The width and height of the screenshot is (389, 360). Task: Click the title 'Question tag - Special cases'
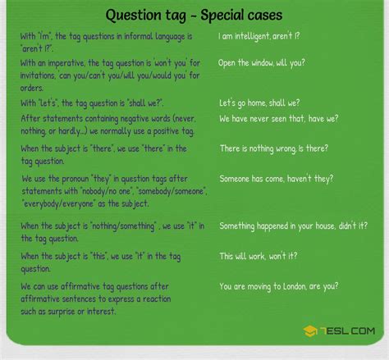pos(194,16)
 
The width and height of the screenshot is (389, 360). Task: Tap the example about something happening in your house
pos(292,226)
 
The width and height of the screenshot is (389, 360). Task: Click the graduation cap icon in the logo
pos(311,330)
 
